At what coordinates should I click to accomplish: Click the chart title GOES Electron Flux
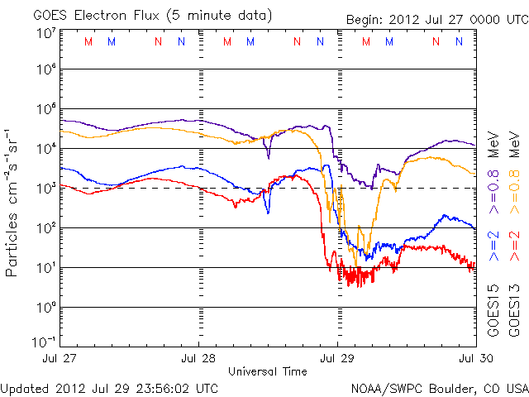96,16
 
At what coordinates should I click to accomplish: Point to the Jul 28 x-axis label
198,358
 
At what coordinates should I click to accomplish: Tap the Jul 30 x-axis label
476,358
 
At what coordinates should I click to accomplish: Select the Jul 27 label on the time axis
60,358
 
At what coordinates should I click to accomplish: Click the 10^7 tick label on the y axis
46,33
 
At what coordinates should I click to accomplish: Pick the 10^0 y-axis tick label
46,308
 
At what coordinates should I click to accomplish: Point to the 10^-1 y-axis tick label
44,342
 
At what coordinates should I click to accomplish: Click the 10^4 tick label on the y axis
46,149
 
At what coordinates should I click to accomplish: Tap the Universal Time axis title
268,371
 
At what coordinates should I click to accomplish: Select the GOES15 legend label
493,311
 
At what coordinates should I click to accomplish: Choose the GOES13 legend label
514,311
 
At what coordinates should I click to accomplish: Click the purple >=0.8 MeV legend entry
493,173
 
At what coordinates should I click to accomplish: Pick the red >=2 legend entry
514,246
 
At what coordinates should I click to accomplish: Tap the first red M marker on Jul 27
88,41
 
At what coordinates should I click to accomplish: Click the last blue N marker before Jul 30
459,41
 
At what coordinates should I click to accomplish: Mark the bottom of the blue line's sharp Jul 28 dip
268,213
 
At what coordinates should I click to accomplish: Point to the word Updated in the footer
25,389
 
